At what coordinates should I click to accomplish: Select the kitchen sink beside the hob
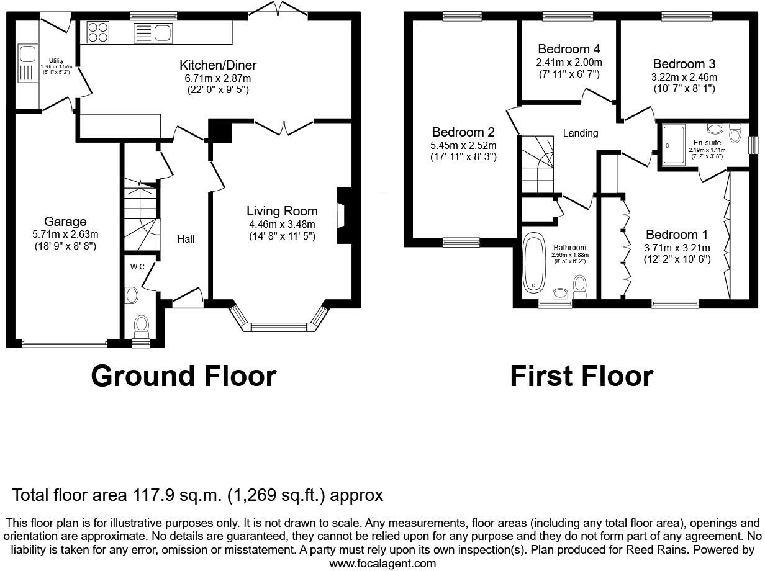pos(153,33)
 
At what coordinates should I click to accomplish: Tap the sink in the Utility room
pos(28,63)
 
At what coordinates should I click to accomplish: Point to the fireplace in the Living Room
pos(342,215)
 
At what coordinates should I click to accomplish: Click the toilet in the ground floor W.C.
pos(142,324)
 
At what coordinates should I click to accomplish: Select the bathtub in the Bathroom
pos(533,263)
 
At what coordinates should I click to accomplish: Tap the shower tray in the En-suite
pos(675,145)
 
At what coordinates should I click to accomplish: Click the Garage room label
pos(65,222)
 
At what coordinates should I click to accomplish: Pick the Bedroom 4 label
pos(569,49)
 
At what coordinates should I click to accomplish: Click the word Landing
pos(581,133)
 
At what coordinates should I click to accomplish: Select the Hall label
pos(186,239)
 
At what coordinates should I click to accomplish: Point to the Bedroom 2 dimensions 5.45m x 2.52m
pos(463,145)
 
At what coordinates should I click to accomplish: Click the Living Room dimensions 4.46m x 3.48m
pos(282,224)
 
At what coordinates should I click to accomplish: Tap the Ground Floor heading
pos(183,376)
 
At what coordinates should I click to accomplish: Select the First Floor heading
pos(581,376)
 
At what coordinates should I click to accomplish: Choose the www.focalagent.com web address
pos(382,564)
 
